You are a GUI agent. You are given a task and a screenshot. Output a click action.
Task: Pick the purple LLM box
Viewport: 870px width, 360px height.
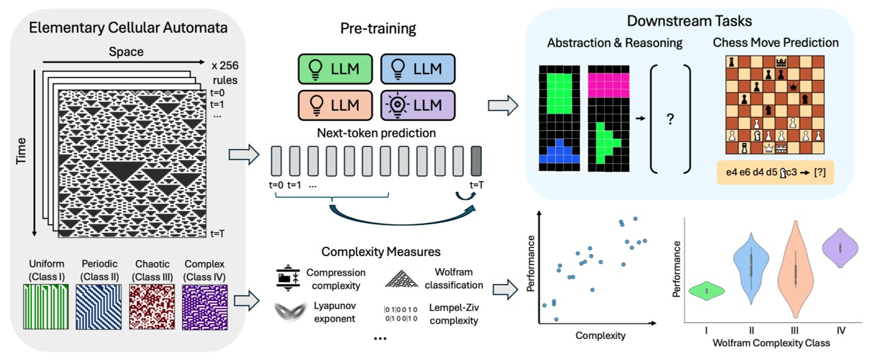[x=417, y=105]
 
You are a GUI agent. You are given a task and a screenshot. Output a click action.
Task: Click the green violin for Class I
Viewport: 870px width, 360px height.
[x=707, y=291]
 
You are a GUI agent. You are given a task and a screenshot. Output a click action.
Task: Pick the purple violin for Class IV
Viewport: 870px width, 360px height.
[x=839, y=248]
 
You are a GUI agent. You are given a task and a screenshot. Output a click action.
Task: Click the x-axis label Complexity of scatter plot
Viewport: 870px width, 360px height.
[x=601, y=336]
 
